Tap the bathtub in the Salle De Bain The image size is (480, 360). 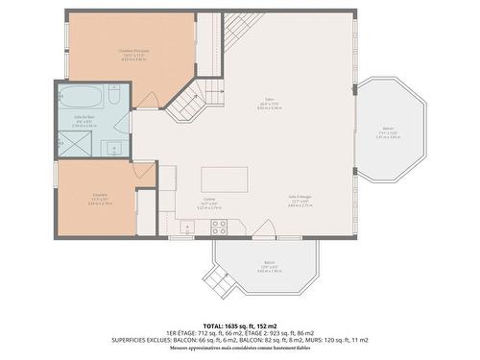(80, 96)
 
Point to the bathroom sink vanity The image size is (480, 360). (113, 146)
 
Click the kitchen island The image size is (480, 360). (224, 180)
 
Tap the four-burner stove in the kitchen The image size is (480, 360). (218, 228)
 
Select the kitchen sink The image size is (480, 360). (187, 228)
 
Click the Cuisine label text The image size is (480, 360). (208, 203)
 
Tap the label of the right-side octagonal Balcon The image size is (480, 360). (388, 132)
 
